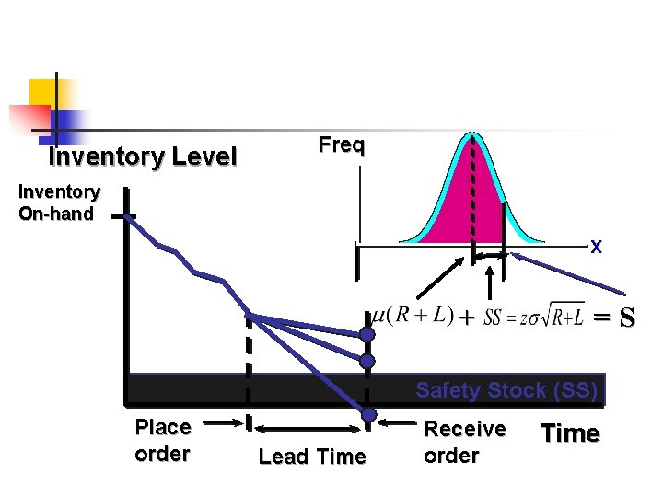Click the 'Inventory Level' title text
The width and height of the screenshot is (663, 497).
click(x=143, y=157)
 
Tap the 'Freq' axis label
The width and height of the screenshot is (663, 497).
click(x=342, y=145)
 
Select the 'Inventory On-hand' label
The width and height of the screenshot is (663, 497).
click(x=59, y=203)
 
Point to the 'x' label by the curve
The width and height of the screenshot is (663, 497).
click(x=596, y=248)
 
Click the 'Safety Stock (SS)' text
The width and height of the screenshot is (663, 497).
click(x=506, y=390)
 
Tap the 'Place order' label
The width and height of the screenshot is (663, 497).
click(x=163, y=441)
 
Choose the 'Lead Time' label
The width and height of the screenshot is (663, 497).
click(x=312, y=457)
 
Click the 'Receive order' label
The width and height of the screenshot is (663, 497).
click(x=464, y=443)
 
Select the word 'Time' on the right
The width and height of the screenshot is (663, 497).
click(x=570, y=434)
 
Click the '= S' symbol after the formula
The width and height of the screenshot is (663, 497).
click(x=613, y=318)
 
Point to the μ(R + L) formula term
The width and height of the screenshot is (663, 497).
click(x=412, y=316)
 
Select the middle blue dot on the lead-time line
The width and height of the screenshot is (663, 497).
click(x=367, y=361)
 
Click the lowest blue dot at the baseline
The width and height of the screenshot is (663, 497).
click(x=367, y=415)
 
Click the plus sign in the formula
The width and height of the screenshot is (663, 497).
click(x=468, y=318)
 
